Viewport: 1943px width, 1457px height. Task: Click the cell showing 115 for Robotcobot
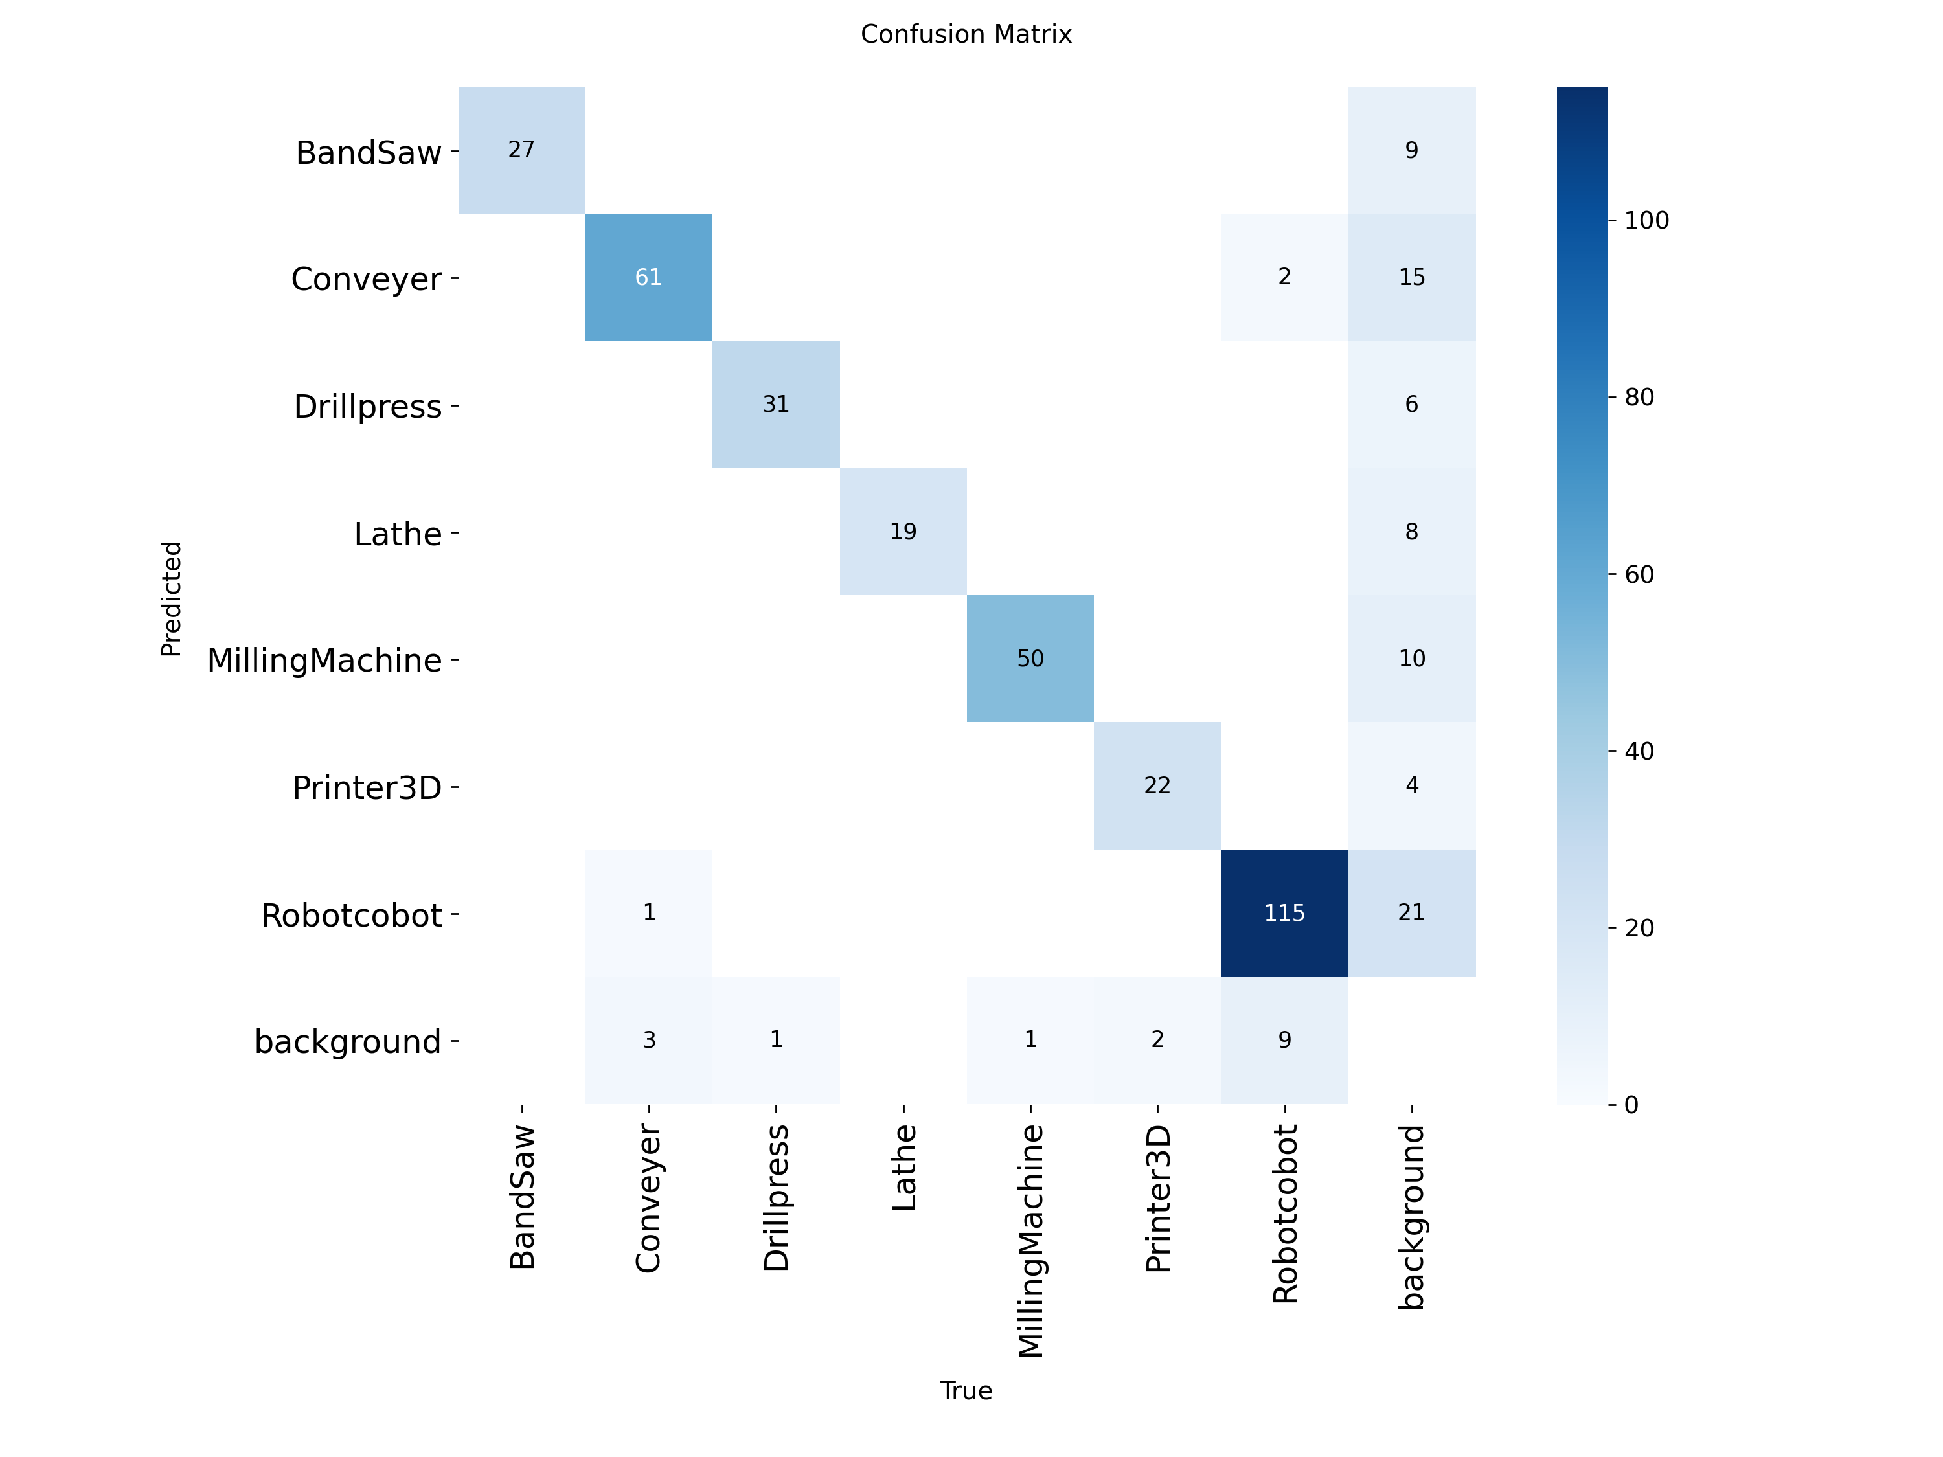pos(1284,912)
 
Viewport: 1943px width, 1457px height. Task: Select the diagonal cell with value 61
pos(648,277)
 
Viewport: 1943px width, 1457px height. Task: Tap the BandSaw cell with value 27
pos(521,150)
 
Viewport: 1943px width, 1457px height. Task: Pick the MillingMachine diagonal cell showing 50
pos(1030,659)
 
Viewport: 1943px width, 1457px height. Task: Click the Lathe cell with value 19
pos(903,532)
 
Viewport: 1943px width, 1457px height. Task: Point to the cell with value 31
pos(776,404)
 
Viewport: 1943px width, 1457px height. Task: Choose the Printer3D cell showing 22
pos(1157,785)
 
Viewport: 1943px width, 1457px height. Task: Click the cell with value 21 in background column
pos(1411,912)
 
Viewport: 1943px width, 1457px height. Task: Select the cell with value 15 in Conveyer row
pos(1411,277)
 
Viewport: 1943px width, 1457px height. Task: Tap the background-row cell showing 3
pos(648,1040)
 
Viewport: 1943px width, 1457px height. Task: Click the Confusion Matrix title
pos(966,34)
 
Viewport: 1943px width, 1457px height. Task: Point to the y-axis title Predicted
pos(171,598)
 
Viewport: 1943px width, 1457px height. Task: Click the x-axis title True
pos(966,1390)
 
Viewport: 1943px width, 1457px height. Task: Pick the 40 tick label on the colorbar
pos(1639,751)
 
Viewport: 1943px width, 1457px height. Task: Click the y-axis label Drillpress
pos(367,407)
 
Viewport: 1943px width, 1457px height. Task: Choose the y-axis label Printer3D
pos(367,788)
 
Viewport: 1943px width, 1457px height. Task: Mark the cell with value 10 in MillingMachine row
pos(1411,659)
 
